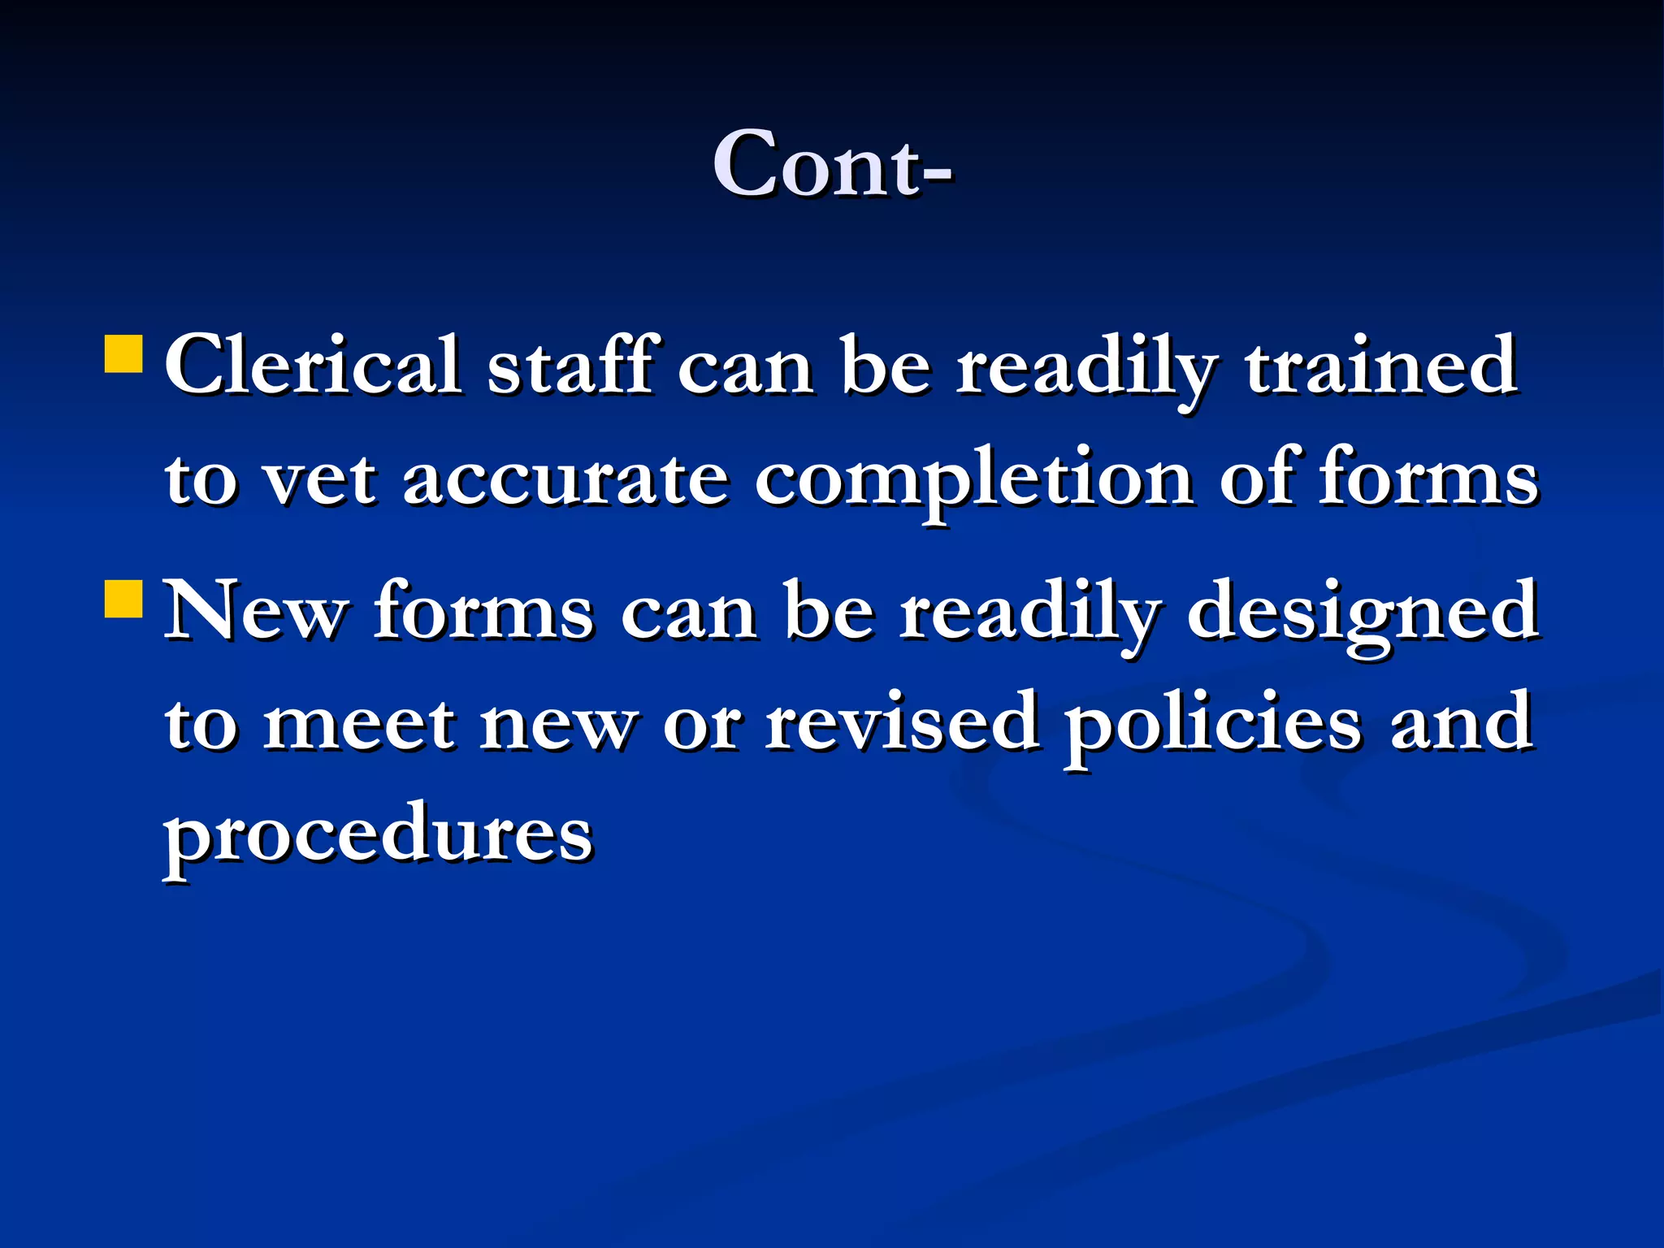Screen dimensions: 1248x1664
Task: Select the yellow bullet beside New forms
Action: click(x=124, y=599)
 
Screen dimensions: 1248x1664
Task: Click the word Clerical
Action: click(x=313, y=366)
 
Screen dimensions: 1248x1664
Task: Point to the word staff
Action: click(x=570, y=366)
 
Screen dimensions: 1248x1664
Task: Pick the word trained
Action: click(x=1380, y=366)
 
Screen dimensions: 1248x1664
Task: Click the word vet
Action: click(x=321, y=479)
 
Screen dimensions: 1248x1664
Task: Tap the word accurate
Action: click(x=565, y=479)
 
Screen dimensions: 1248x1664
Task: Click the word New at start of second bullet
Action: click(x=256, y=611)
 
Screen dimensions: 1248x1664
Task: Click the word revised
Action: click(x=903, y=722)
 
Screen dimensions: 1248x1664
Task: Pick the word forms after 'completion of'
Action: click(x=1428, y=477)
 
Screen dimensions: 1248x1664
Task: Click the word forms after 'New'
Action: click(x=483, y=611)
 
